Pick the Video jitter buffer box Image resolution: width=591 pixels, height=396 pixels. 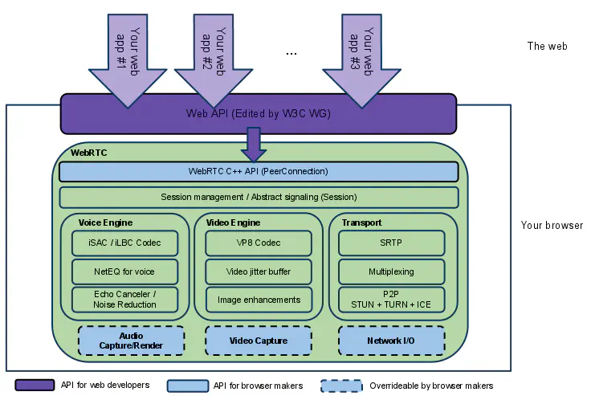point(259,271)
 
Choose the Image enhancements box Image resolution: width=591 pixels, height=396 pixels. point(259,300)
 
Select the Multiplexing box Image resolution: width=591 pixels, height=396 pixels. point(391,271)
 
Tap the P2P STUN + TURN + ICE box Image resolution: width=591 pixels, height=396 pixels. point(391,300)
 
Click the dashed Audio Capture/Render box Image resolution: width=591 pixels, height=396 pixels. point(131,341)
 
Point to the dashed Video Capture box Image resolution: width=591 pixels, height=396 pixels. point(258,341)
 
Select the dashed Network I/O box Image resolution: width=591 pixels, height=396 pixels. point(391,341)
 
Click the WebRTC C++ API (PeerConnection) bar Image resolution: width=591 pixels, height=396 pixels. point(258,171)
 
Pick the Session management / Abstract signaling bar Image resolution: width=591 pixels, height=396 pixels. point(258,197)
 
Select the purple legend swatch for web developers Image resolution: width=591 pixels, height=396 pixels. point(34,386)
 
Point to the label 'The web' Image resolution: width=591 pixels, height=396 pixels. point(547,46)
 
